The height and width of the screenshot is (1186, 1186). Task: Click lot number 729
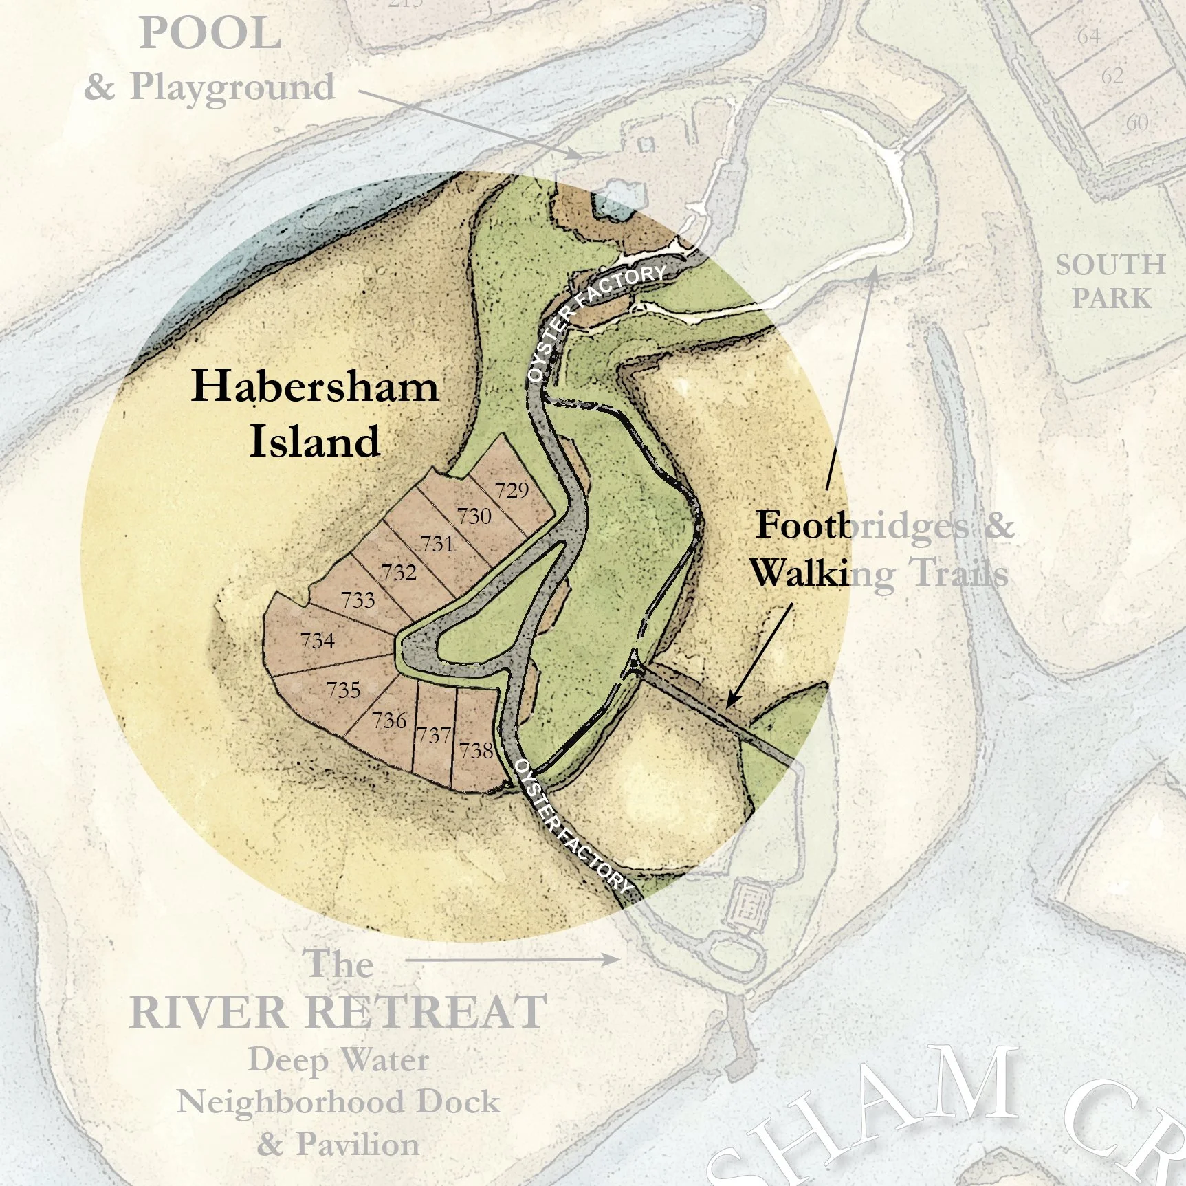512,490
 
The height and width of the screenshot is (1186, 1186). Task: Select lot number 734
318,641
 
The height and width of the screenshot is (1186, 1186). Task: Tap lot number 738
476,749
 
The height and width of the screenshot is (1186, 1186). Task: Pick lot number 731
437,544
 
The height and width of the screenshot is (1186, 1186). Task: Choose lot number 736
389,721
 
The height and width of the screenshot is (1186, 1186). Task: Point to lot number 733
358,600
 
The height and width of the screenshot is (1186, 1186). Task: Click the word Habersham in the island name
314,386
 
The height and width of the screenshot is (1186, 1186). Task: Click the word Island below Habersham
314,441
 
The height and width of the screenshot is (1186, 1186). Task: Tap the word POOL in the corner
210,34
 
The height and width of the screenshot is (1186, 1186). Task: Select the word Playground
232,87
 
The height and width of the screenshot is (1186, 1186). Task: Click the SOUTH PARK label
1110,281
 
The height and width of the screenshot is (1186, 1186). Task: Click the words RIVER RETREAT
338,1011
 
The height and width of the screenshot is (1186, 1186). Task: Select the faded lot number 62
1112,76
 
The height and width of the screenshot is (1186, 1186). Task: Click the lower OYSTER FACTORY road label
572,824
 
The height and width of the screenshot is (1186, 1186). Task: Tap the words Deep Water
338,1059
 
